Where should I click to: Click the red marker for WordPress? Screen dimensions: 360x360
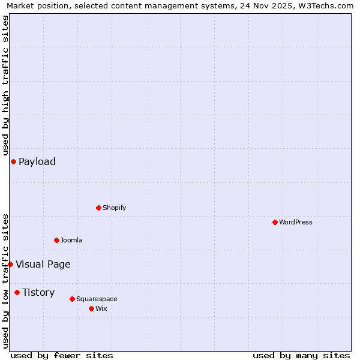coord(275,222)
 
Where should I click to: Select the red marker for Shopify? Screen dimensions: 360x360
coord(98,208)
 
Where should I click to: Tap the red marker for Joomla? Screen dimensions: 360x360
coord(56,240)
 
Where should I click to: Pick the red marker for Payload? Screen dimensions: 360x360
coord(13,161)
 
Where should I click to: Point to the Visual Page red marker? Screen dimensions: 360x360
coord(10,264)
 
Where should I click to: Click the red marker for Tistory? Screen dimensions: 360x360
coord(17,292)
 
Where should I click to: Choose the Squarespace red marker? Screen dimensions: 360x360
coord(72,299)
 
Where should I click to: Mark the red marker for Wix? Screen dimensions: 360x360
coord(91,308)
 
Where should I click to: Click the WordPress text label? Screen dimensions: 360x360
coord(296,222)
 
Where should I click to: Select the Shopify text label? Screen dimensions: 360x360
coord(114,208)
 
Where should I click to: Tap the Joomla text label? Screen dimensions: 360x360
coord(71,240)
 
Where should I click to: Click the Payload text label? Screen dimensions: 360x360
coord(37,161)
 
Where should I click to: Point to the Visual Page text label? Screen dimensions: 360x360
coord(43,264)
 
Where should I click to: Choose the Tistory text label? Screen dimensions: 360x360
coord(38,292)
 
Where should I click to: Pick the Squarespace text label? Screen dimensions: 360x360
coord(97,299)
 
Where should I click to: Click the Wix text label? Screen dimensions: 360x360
coord(101,308)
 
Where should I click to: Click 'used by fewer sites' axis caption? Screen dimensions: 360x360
coord(62,355)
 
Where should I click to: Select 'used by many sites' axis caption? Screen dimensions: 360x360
coord(301,355)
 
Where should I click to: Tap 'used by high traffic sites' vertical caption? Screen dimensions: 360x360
coord(5,85)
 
